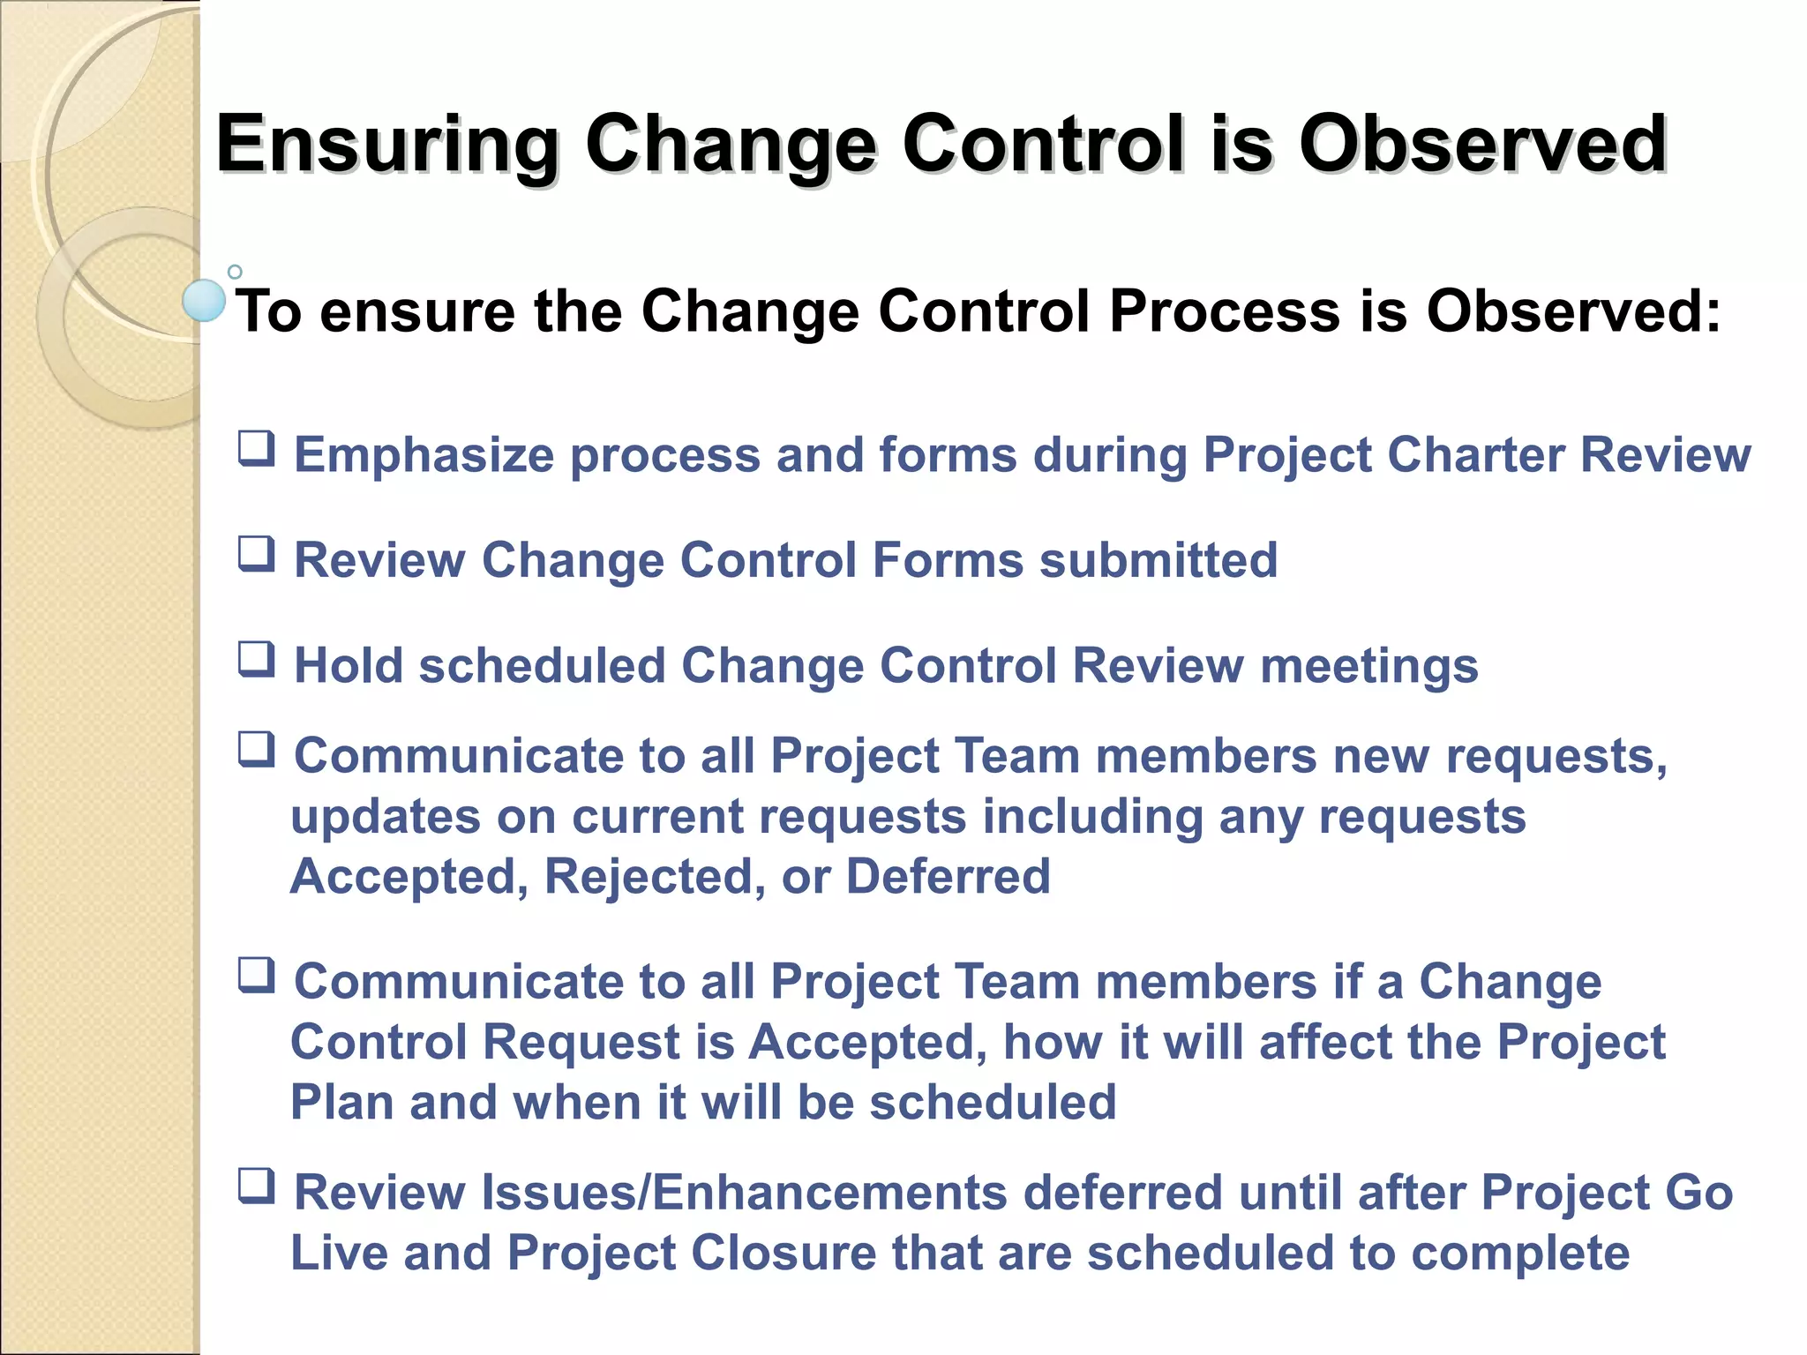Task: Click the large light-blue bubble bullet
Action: click(x=204, y=300)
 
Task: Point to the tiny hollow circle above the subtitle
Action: click(x=235, y=272)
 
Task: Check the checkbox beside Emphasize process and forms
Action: click(x=257, y=449)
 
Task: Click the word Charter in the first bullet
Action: click(x=1475, y=455)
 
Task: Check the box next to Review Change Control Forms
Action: click(x=257, y=555)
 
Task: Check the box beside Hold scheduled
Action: click(x=257, y=659)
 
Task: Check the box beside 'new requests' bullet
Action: click(x=257, y=750)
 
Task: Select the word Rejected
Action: click(x=655, y=877)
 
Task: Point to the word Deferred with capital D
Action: click(x=948, y=877)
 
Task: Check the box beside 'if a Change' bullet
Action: click(x=257, y=976)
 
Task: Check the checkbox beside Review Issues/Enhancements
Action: click(x=257, y=1187)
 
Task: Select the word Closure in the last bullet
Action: click(x=783, y=1253)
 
